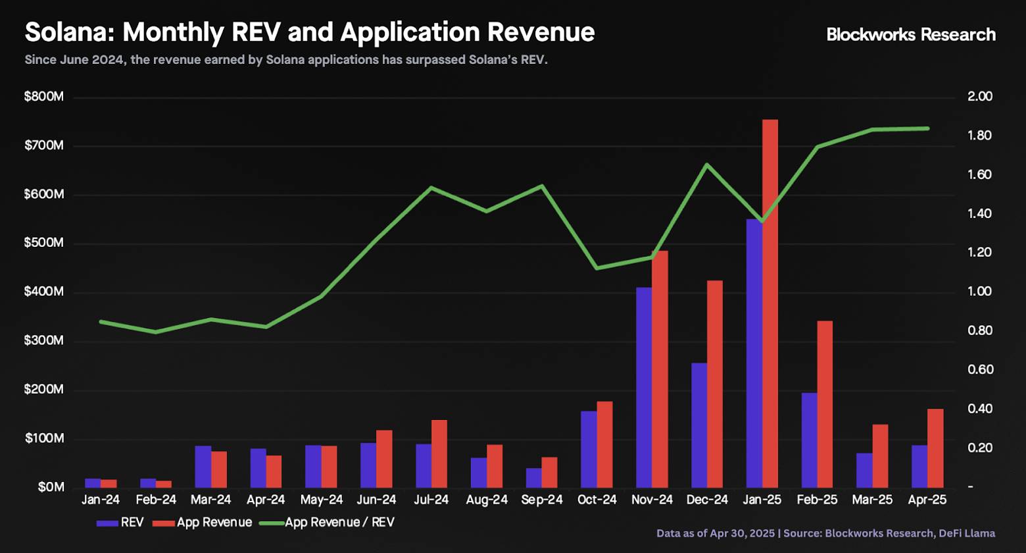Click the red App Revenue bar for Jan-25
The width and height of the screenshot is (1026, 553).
(x=770, y=303)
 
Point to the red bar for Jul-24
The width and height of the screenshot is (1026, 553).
(x=439, y=454)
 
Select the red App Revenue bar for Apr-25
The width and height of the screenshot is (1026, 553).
(x=935, y=448)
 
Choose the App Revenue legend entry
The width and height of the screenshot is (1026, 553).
(x=205, y=523)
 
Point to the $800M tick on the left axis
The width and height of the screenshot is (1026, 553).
(x=44, y=97)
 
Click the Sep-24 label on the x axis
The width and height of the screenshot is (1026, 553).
(x=542, y=500)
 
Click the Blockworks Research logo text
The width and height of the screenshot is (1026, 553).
(x=910, y=34)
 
